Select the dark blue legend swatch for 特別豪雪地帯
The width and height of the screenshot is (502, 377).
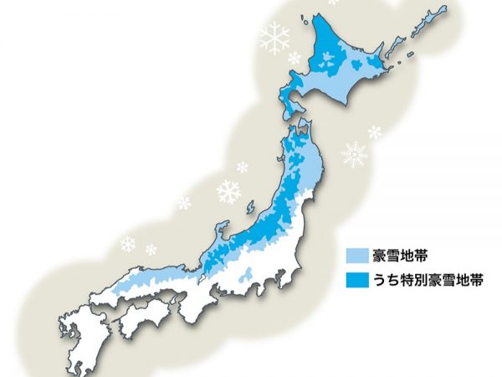coord(356,276)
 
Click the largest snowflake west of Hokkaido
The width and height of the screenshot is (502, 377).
coord(274,38)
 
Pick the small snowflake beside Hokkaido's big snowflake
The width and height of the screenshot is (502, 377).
coord(295,58)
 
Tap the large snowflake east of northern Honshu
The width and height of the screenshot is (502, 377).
coord(355,154)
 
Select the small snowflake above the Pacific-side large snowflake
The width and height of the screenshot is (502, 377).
coord(374,132)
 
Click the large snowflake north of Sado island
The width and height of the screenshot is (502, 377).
coord(228,192)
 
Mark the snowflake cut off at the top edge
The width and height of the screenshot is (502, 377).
coord(334,3)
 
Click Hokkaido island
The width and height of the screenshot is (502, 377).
coord(343,67)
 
